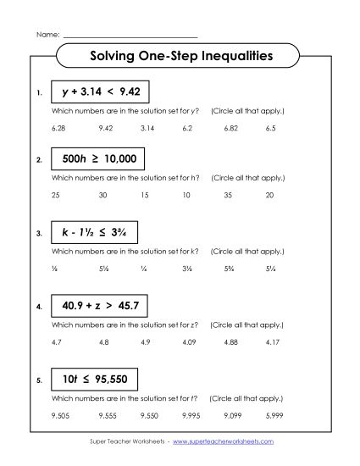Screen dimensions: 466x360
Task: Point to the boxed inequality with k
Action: pos(93,230)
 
